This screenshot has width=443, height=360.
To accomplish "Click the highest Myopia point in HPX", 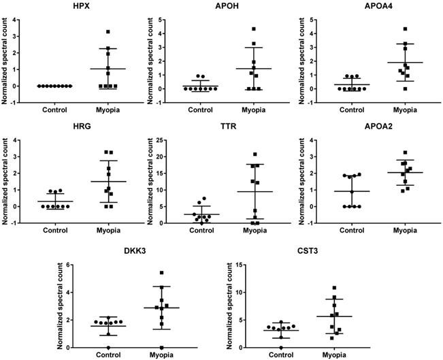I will tap(108, 32).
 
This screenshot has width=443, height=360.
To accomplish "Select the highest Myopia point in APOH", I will tap(254, 29).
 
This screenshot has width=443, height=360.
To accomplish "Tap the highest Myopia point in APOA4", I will tap(405, 29).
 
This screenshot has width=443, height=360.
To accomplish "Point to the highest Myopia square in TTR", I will tap(255, 154).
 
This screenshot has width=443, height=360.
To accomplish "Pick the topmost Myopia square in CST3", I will tap(333, 288).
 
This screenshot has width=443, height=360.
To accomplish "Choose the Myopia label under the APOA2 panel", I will tap(404, 230).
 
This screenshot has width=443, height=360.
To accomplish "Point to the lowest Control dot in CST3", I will tap(282, 347).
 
